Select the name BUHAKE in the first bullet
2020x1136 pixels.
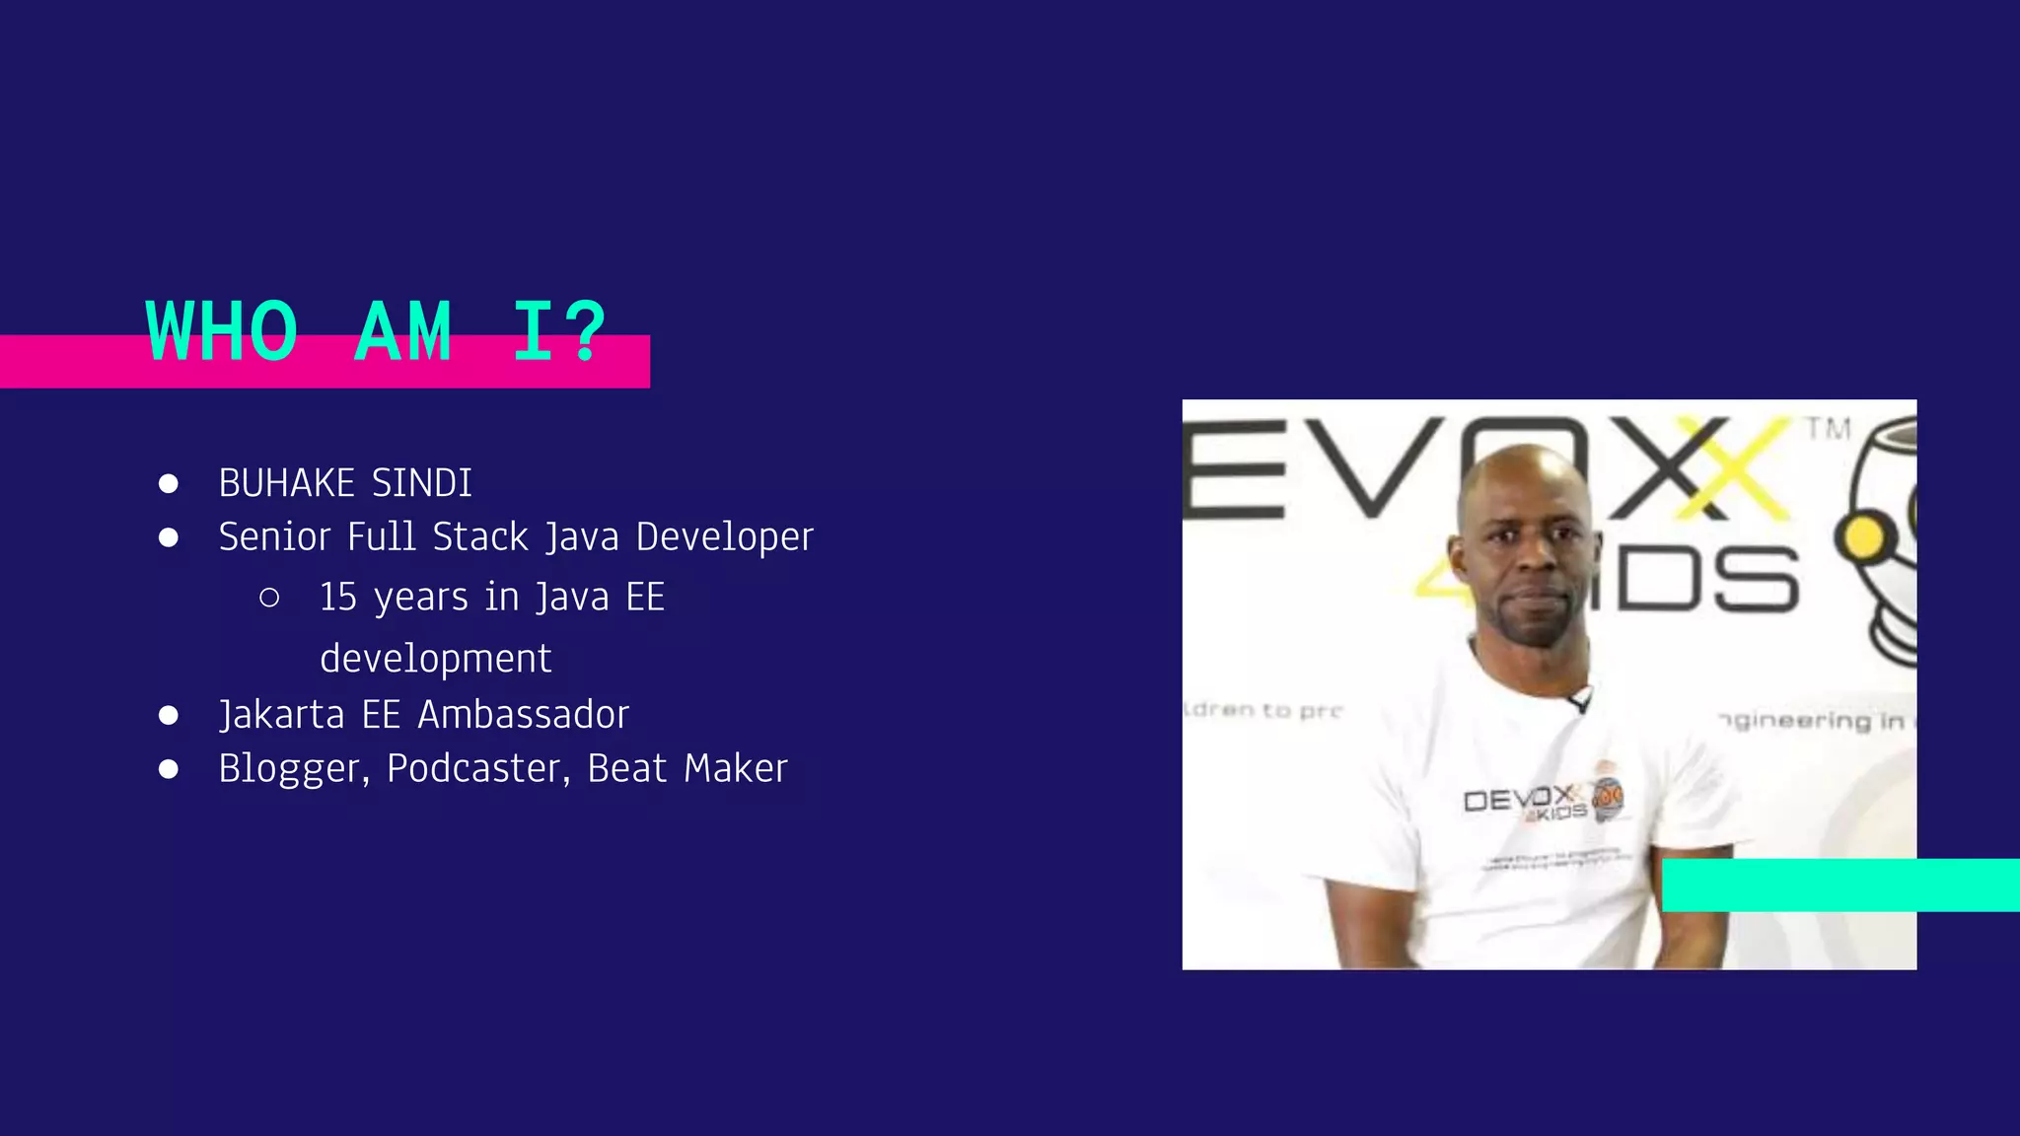286,483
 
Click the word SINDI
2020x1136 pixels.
422,483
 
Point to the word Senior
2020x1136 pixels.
274,537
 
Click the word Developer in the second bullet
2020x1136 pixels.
724,537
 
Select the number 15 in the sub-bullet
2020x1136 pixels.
337,598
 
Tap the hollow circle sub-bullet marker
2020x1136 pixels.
269,598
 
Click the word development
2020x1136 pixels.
435,659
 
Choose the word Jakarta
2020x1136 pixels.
281,715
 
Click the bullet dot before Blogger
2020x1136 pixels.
169,769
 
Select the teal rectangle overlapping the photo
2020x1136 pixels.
1840,885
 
